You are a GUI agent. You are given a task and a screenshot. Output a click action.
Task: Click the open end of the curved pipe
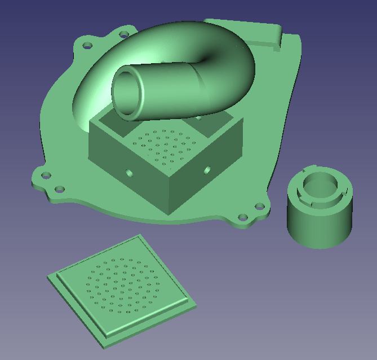(x=127, y=94)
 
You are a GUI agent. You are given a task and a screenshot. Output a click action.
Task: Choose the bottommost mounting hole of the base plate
(x=242, y=217)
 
